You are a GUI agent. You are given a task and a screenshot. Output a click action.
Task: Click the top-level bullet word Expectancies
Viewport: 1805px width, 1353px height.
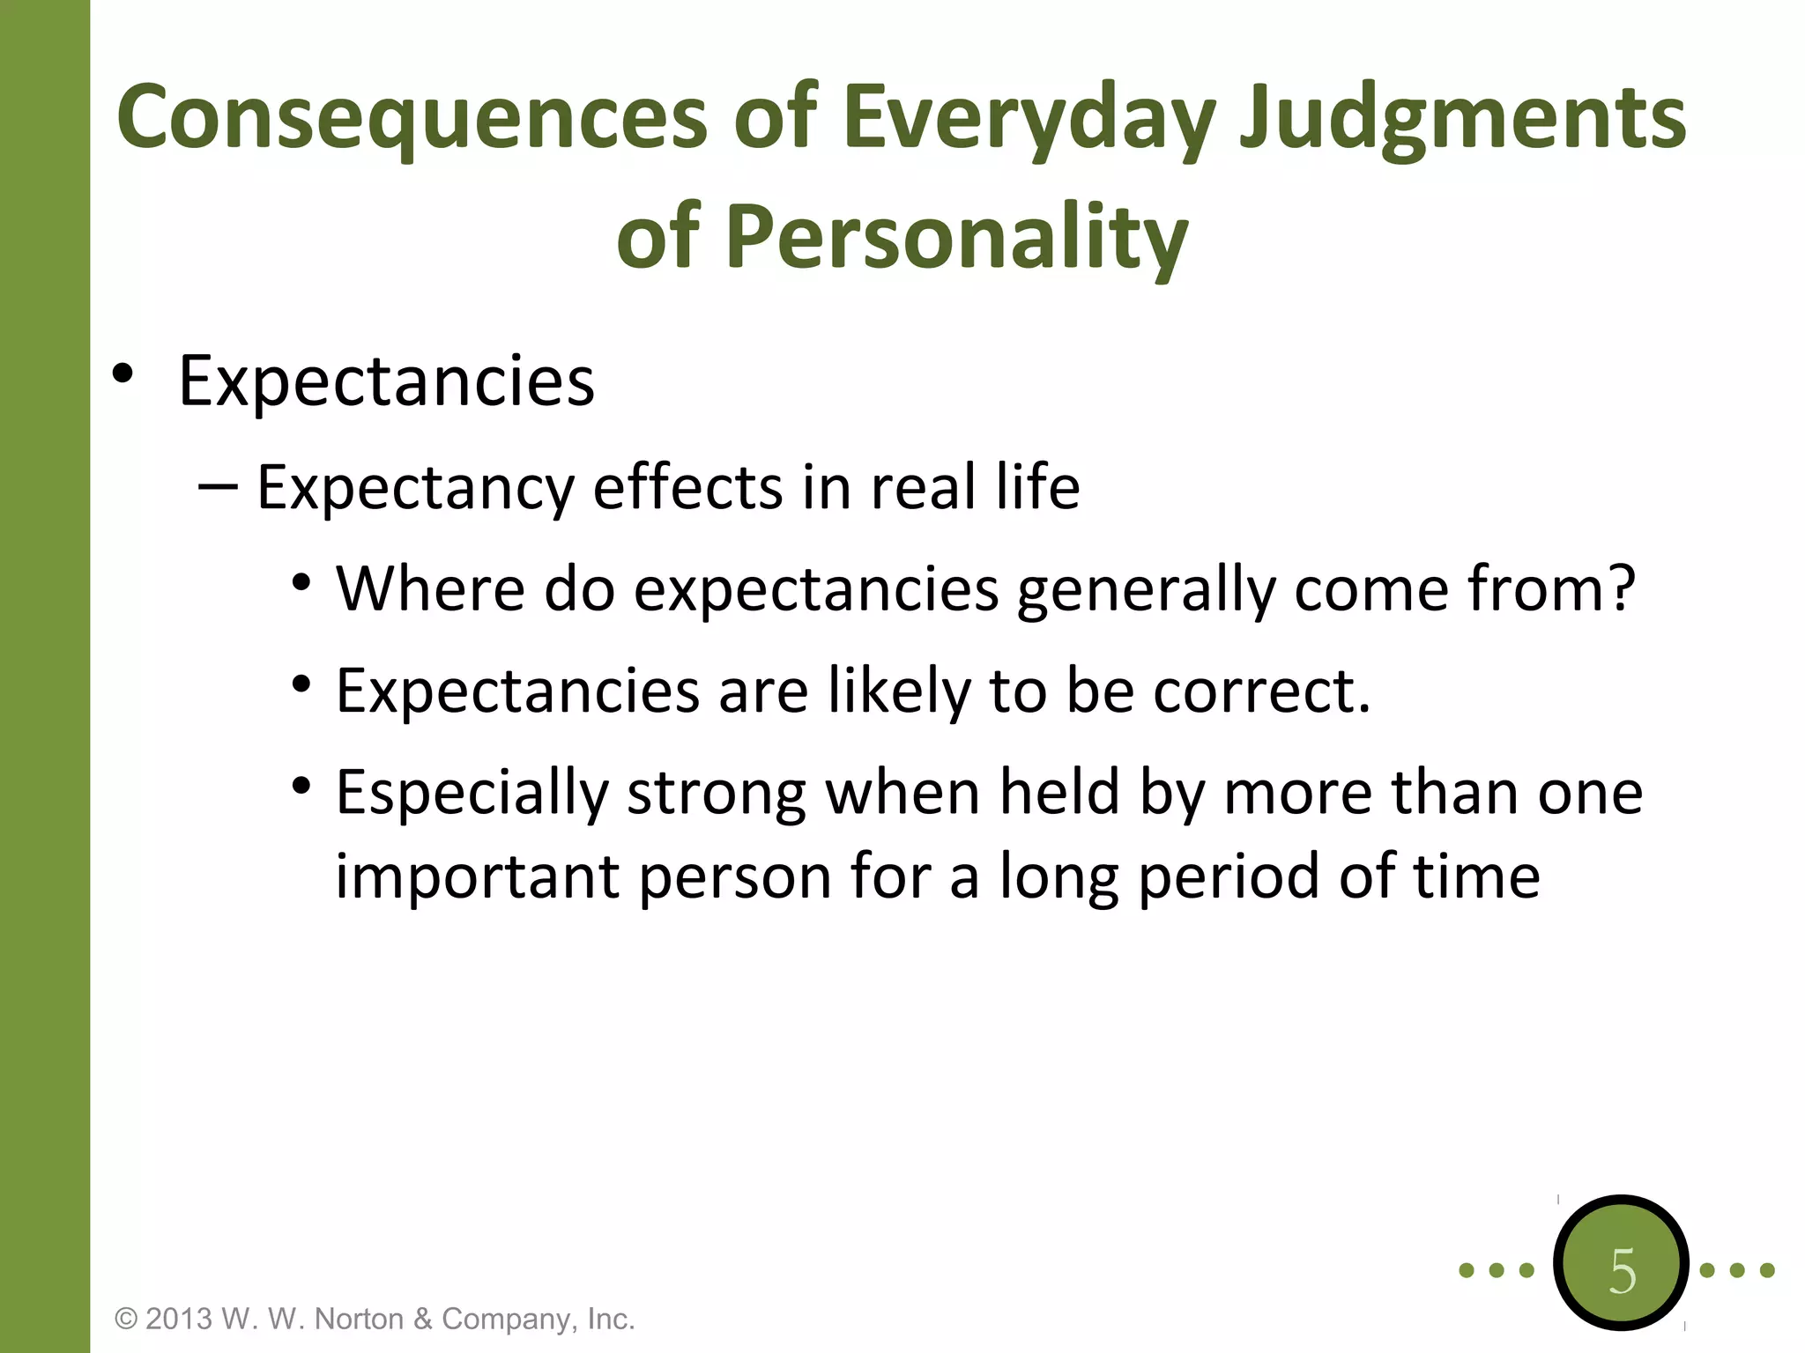[x=386, y=381]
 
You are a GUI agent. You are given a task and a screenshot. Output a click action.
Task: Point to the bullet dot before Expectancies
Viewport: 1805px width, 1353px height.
[x=123, y=374]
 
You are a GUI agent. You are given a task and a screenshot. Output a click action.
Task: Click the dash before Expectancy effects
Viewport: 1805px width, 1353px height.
[x=218, y=486]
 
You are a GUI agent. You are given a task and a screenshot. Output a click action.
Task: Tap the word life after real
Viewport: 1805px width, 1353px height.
[x=1037, y=486]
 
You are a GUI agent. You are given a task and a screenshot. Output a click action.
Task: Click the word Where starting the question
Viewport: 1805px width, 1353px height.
[x=430, y=588]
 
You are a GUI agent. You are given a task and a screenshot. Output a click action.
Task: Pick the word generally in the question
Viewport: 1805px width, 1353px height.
[x=1145, y=589]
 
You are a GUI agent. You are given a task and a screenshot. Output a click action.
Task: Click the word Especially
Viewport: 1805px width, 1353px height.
[x=472, y=792]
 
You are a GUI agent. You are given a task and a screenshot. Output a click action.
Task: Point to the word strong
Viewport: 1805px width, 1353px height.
[x=716, y=792]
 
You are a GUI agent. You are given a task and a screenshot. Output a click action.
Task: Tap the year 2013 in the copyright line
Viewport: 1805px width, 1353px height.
[x=179, y=1319]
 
